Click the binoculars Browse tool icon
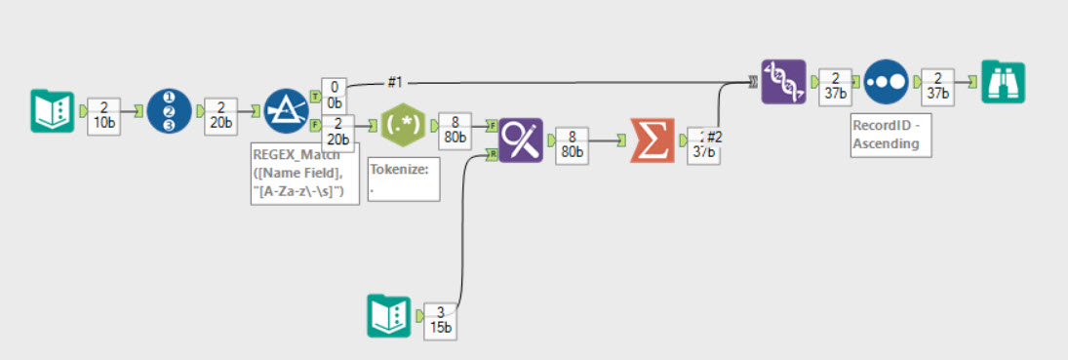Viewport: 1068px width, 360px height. (x=1002, y=82)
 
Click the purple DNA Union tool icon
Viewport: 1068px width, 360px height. (x=784, y=82)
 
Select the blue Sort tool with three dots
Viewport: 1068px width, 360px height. (x=886, y=82)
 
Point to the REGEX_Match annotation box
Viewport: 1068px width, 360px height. (x=304, y=173)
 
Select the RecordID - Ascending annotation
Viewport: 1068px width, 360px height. (x=886, y=135)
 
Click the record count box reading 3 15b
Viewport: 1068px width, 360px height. (x=441, y=319)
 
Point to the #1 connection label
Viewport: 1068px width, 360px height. (x=397, y=82)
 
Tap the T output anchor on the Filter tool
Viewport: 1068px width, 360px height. (x=314, y=96)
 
